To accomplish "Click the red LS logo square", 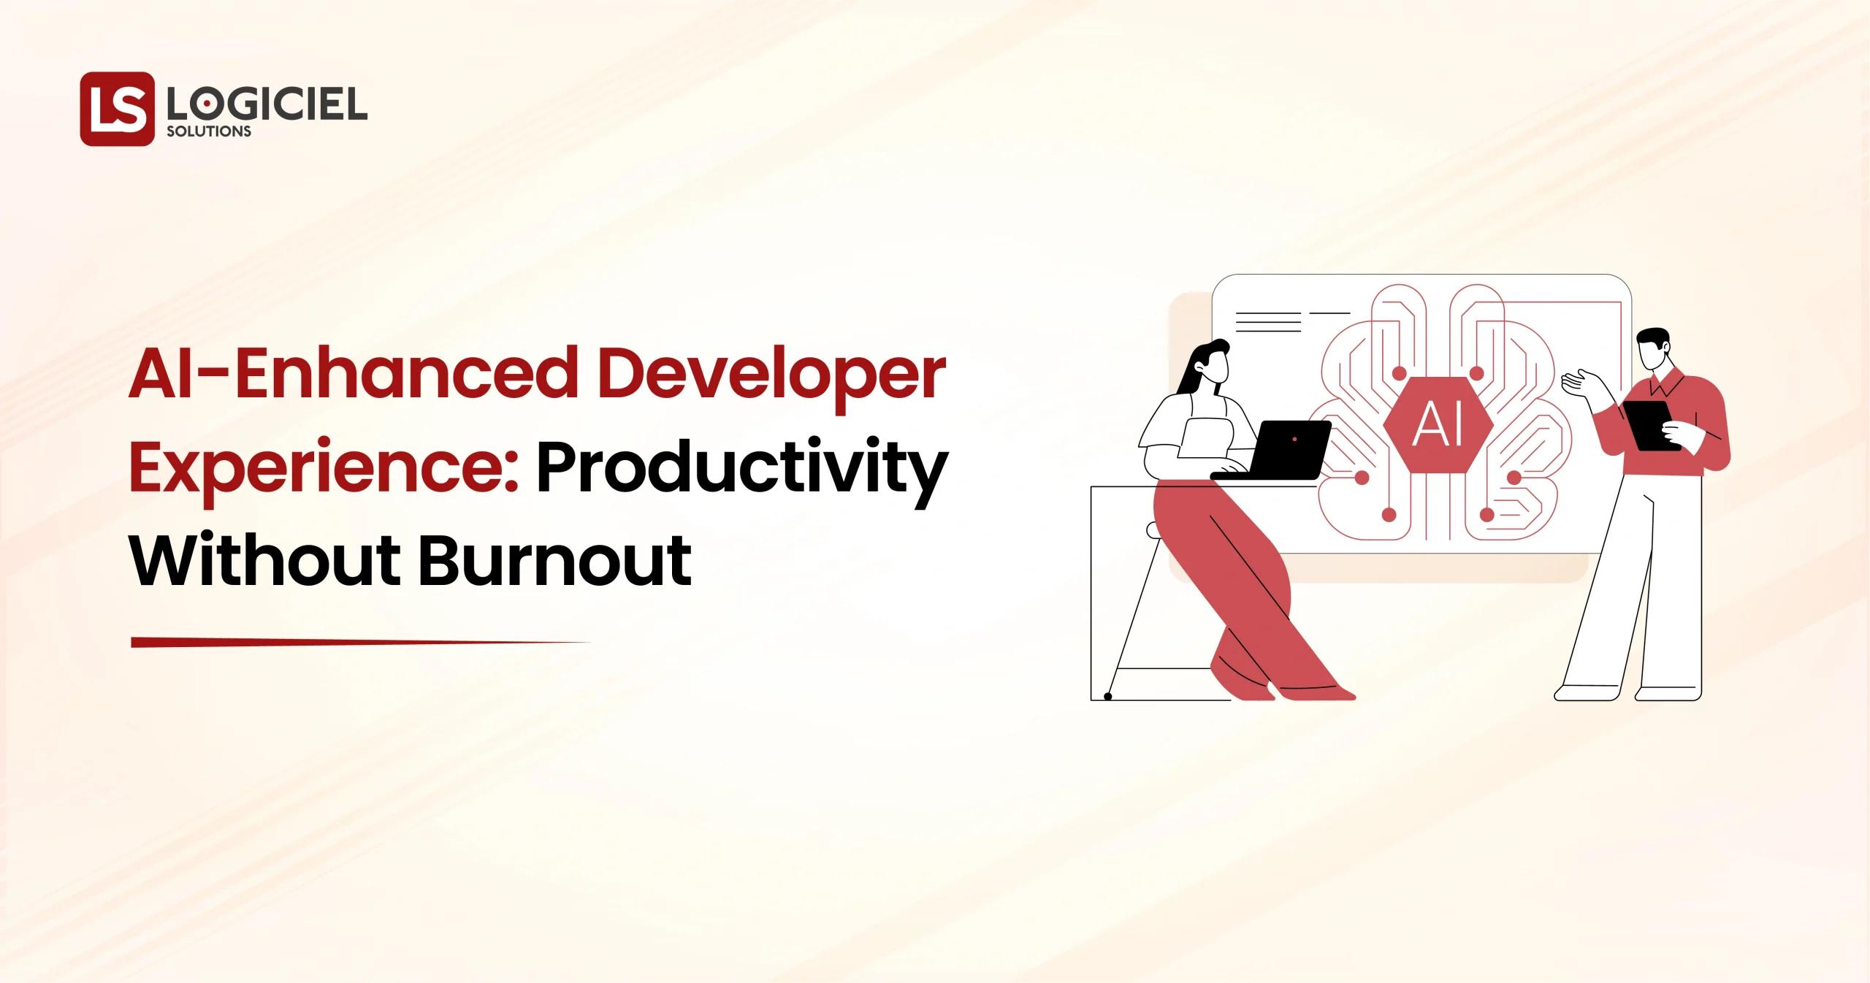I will click(x=117, y=109).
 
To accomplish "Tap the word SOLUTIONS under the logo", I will click(x=209, y=131).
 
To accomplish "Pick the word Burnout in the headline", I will click(x=555, y=560).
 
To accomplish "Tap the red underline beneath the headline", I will click(x=358, y=643).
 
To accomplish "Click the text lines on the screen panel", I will click(x=1268, y=322).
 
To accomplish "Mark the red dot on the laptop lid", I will click(x=1294, y=438).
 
